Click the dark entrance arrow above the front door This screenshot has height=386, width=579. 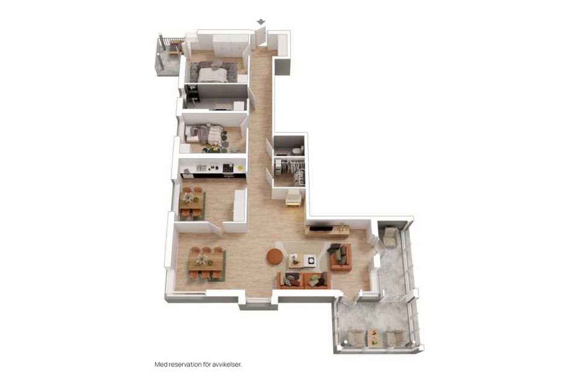[261, 22]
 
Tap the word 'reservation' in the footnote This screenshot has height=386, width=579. [185, 364]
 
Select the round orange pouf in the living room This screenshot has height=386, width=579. [275, 256]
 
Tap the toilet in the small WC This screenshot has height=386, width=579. [297, 150]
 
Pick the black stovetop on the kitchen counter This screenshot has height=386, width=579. [228, 168]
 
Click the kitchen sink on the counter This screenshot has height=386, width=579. [201, 167]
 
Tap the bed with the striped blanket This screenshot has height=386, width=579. [205, 134]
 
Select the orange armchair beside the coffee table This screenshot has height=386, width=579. [340, 257]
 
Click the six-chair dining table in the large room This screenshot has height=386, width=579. [206, 262]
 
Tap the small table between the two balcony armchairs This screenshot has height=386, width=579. [374, 337]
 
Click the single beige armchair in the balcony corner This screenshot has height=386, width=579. [390, 236]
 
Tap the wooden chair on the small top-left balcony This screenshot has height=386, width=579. [176, 48]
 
